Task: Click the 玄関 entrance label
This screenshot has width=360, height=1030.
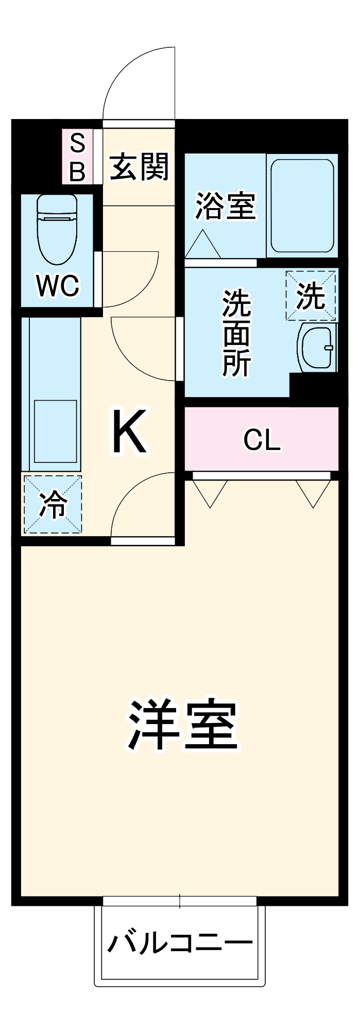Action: [139, 167]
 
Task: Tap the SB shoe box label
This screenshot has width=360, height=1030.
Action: [77, 157]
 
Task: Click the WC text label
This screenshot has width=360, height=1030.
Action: [58, 285]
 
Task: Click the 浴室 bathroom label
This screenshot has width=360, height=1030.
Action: [225, 205]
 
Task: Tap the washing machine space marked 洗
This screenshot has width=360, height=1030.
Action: [311, 295]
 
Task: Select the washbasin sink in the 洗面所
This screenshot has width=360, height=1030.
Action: [317, 347]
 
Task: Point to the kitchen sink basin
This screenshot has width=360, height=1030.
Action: [56, 432]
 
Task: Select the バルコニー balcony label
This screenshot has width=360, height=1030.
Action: [180, 943]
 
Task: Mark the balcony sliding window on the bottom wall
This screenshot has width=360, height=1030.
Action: [179, 901]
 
